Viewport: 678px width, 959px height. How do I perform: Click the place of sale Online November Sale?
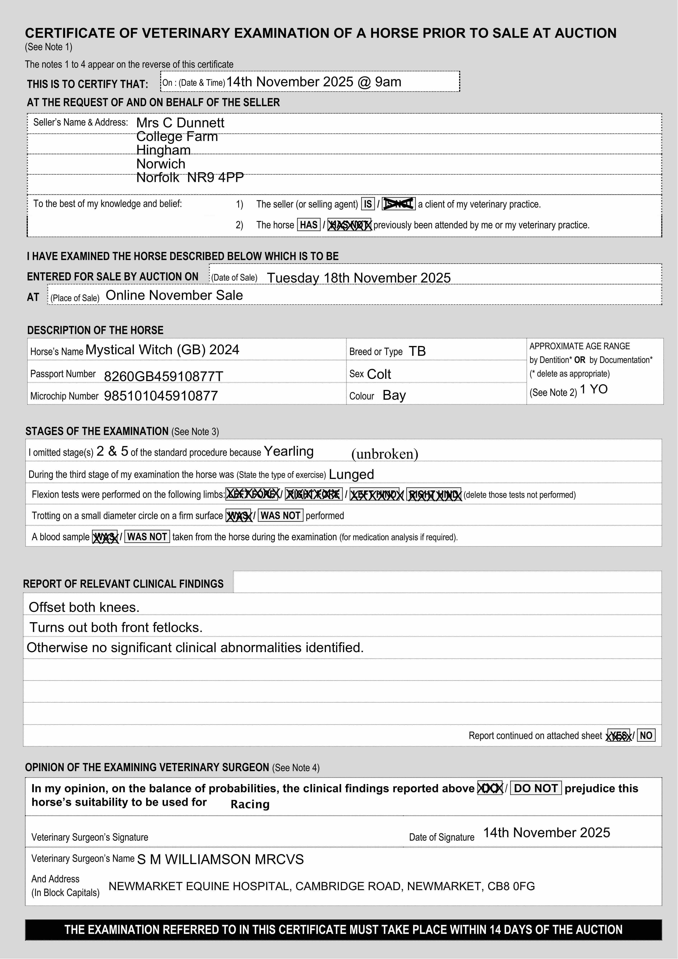tap(174, 295)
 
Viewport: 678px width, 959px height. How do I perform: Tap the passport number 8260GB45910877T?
tap(163, 376)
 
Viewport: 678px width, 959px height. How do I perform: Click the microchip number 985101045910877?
tap(161, 395)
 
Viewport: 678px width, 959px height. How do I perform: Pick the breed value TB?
tap(417, 351)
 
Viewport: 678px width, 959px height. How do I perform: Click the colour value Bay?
tap(394, 395)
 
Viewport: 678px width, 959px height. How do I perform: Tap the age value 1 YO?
tap(594, 389)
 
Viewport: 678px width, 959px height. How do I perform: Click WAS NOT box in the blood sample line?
tap(147, 537)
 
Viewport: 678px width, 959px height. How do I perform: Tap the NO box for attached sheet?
tap(646, 736)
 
